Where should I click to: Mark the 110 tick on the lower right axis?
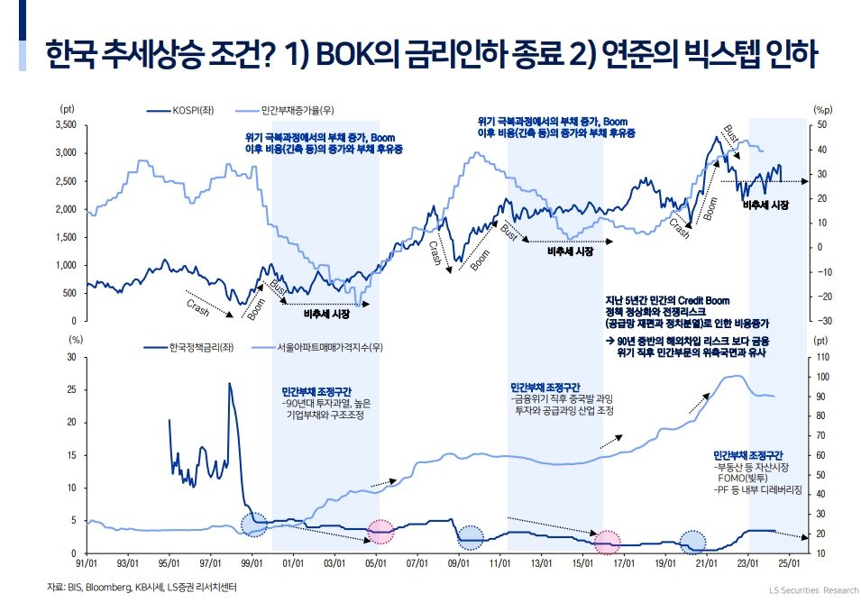[820, 357]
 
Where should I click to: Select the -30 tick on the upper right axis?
[821, 321]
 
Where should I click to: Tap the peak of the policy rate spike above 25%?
[229, 384]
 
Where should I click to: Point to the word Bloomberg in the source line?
[100, 588]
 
